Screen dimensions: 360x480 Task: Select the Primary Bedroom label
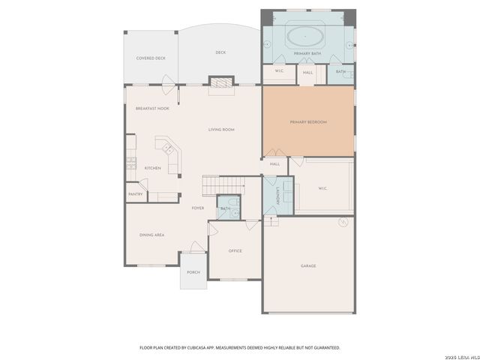click(x=308, y=122)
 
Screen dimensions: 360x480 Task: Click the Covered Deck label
click(x=151, y=58)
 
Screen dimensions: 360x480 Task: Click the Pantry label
click(x=136, y=194)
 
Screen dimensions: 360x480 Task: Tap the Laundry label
click(x=277, y=197)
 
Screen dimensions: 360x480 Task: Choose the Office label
click(x=235, y=250)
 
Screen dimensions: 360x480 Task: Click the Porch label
click(x=193, y=272)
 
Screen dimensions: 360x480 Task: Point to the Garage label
click(x=308, y=266)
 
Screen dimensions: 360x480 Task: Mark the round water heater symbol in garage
click(x=343, y=221)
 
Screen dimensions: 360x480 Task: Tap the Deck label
click(x=220, y=52)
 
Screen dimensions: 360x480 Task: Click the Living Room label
click(x=221, y=130)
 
